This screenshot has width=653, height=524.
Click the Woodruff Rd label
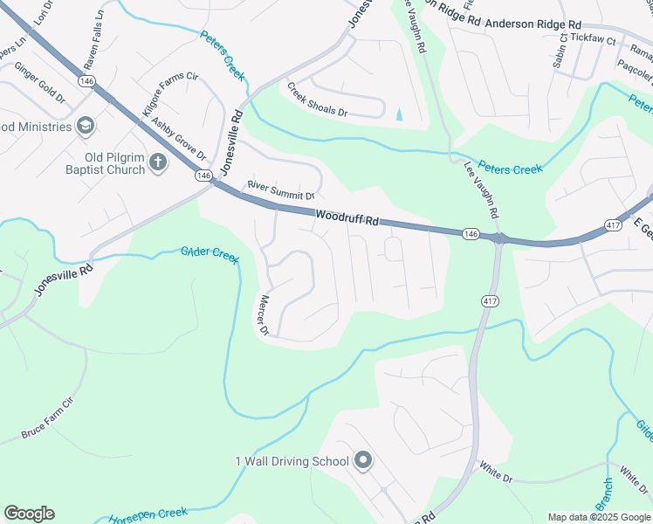click(348, 217)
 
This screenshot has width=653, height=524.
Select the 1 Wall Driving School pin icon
click(365, 461)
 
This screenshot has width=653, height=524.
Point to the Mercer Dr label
click(262, 314)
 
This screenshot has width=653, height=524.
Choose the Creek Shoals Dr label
click(318, 100)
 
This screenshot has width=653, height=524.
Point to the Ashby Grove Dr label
click(179, 140)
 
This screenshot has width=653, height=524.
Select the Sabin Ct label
click(564, 50)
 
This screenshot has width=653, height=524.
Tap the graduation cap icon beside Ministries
click(85, 127)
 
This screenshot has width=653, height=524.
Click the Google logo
click(29, 514)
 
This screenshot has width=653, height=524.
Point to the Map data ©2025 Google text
click(598, 517)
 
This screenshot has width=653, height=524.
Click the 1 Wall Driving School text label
click(292, 461)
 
